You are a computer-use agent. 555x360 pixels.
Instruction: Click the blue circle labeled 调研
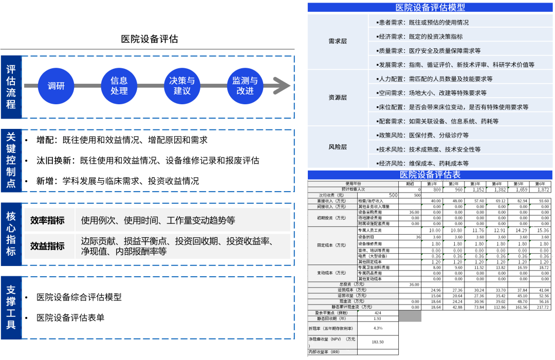57,86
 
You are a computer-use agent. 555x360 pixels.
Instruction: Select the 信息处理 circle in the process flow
119,86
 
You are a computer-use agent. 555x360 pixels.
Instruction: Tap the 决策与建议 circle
182,86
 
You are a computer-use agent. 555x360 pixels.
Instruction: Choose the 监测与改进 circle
245,86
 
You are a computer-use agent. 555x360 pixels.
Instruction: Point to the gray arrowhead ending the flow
283,86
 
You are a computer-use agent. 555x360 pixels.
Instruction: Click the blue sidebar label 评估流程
11,86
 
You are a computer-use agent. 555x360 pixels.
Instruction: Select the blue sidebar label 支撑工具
11,307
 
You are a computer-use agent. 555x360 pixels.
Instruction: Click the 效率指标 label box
47,220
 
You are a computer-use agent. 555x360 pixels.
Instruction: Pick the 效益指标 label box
47,246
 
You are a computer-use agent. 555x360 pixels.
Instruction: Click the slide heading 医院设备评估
150,39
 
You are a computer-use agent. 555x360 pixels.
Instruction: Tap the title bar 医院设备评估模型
430,7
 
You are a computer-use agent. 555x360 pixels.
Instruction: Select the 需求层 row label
338,41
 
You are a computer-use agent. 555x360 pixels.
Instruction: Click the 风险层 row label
338,147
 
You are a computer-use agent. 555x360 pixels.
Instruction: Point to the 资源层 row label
338,98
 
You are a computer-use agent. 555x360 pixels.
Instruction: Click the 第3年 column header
475,184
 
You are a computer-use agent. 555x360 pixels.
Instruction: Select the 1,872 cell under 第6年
540,190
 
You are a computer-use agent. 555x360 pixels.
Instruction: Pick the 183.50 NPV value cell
378,342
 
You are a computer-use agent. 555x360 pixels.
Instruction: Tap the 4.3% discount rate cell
378,328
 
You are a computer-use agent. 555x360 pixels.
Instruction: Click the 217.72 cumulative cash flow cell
540,307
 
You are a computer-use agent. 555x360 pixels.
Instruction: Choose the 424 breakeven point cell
378,313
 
